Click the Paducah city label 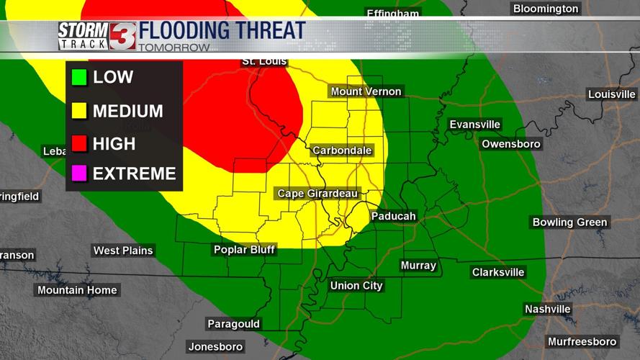coord(393,216)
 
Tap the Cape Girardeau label coord(318,194)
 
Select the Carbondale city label coord(342,150)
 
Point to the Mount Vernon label coord(366,91)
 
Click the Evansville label coord(474,125)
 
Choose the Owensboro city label coord(511,144)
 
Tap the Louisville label coord(612,94)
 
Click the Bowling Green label coord(570,222)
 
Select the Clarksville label coord(498,272)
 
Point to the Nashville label coord(547,309)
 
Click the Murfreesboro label coord(582,341)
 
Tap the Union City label coord(356,286)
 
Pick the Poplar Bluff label coord(245,250)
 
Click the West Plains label coord(123,251)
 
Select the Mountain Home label coord(77,290)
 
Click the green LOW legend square coord(79,77)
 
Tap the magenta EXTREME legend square coord(79,174)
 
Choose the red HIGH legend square coord(79,144)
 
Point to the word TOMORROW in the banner coord(173,48)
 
